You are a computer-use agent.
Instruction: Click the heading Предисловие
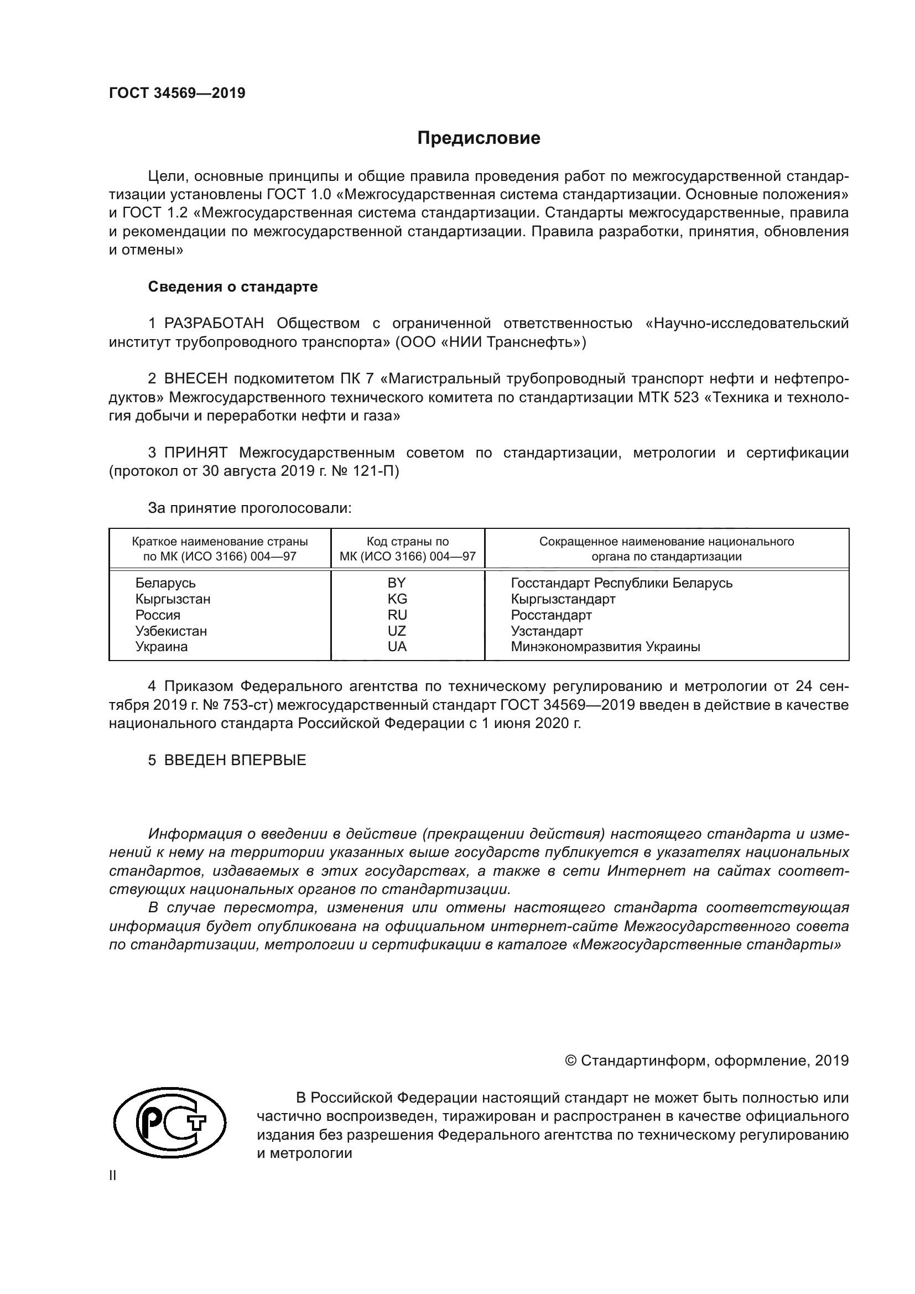coord(479,138)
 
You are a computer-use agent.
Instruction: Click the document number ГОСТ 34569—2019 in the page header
coord(177,93)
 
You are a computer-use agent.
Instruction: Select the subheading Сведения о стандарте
coord(233,287)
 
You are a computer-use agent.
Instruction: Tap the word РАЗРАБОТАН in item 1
coord(214,324)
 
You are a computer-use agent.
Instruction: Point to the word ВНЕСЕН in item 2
coord(196,379)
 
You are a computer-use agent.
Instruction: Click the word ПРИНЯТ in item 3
coord(195,453)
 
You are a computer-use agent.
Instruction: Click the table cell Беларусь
coord(165,583)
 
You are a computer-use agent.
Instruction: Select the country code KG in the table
coord(397,599)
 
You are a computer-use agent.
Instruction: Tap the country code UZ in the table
coord(397,631)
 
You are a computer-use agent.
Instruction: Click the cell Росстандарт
coord(551,615)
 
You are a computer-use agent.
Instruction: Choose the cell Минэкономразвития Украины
coord(605,646)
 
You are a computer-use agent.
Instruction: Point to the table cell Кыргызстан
coord(173,599)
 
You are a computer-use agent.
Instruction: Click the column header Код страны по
coord(407,542)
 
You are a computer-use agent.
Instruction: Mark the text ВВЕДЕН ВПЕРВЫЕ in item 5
coord(235,760)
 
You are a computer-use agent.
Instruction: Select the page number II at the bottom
coord(113,1176)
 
